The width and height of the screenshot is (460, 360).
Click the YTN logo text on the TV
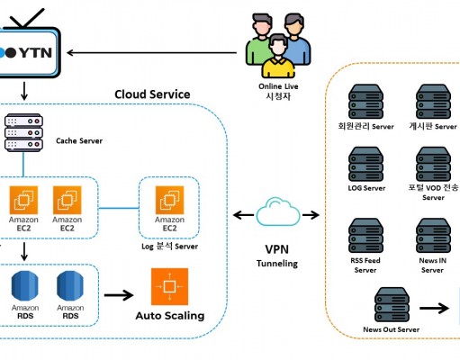[x=36, y=53]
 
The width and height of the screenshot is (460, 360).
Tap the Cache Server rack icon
[x=23, y=132]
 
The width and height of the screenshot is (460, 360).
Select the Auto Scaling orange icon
[x=169, y=286]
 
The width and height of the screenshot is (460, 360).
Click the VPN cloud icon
[x=278, y=211]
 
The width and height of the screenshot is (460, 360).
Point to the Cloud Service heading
[x=152, y=94]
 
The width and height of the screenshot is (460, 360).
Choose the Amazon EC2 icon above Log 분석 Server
[x=169, y=200]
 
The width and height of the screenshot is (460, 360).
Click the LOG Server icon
[x=365, y=164]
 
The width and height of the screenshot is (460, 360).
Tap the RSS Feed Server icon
[x=365, y=236]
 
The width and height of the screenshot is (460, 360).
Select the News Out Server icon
[x=392, y=304]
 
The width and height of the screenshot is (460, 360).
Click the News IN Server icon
[x=433, y=236]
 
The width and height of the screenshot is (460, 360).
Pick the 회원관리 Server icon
[x=365, y=102]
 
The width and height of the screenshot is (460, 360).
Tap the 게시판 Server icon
[x=433, y=102]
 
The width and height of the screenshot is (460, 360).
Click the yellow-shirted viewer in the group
[x=278, y=57]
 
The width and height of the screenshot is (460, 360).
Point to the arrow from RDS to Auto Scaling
[x=119, y=295]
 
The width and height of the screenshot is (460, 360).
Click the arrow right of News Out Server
[x=434, y=308]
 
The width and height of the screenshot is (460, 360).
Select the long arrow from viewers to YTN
[x=152, y=53]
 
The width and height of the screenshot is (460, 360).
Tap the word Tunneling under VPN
[x=277, y=264]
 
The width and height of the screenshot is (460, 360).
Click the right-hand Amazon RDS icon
[x=70, y=285]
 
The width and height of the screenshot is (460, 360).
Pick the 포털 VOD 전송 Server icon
[x=433, y=164]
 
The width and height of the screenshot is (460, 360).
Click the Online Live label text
[x=278, y=86]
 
